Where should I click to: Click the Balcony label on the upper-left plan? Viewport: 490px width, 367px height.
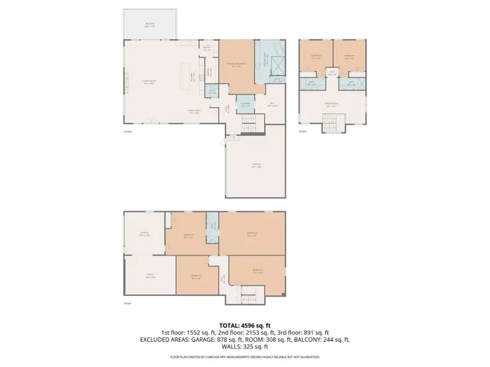(149, 24)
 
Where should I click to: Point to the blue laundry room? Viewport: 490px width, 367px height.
(246, 104)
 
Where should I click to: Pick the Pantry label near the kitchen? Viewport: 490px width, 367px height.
(206, 48)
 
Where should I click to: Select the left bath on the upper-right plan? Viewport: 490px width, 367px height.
(312, 83)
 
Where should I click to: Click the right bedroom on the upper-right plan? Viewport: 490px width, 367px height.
(349, 57)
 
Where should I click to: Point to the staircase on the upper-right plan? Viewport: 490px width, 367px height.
(332, 122)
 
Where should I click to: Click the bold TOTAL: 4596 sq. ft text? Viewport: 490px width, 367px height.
(244, 325)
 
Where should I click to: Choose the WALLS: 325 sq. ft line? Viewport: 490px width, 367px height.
(245, 346)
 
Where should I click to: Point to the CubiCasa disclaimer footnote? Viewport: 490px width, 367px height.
(245, 356)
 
